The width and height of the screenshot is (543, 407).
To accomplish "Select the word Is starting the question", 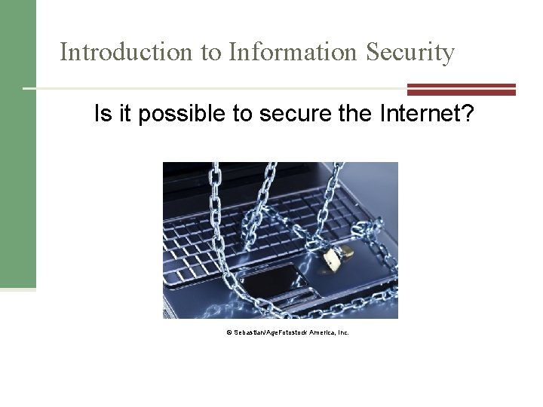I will click(102, 115).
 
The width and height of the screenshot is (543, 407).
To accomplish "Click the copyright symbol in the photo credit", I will click(227, 332).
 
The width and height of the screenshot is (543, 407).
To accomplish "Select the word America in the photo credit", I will click(316, 332).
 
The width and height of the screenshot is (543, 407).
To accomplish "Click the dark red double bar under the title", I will click(462, 89).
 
